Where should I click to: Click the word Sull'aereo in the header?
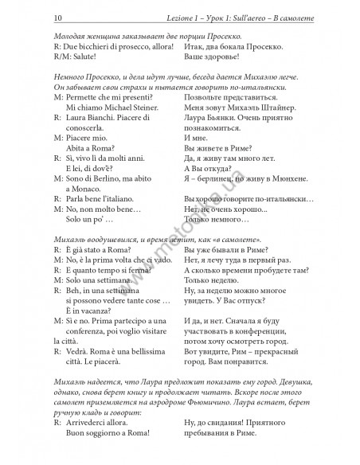pos(221,17)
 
